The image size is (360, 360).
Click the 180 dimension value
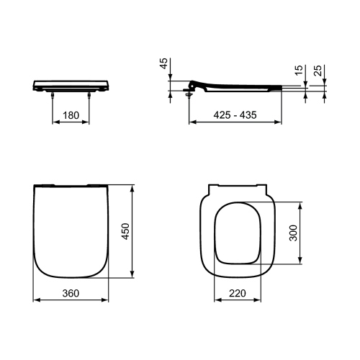coord(71,114)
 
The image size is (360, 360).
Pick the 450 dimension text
coord(126,230)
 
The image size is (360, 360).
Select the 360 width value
coord(71,293)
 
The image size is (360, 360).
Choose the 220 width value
coord(239,293)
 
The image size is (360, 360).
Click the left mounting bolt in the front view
coord(53,94)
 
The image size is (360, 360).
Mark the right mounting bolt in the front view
coord(89,94)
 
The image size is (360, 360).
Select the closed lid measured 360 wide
coord(71,230)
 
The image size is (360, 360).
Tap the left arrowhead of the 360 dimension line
coord(36,300)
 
